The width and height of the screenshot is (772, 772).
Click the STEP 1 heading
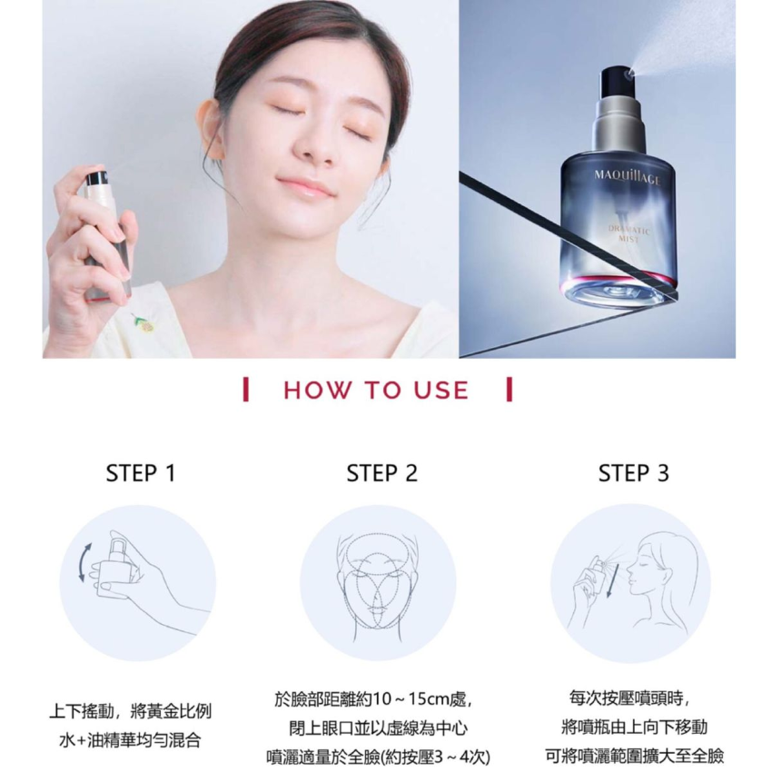141,473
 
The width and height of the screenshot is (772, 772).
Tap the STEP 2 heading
382,473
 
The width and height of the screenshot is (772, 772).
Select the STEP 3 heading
634,473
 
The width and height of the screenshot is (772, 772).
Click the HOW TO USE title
376,390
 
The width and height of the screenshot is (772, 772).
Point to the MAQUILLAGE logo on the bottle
627,177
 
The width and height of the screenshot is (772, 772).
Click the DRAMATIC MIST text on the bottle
628,234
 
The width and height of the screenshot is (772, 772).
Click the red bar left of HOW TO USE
246,390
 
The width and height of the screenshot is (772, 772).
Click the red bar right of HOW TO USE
510,390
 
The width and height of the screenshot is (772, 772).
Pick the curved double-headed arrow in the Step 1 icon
83,562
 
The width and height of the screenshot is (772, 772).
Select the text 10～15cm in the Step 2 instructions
406,699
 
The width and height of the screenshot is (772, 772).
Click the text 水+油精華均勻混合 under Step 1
130,740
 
